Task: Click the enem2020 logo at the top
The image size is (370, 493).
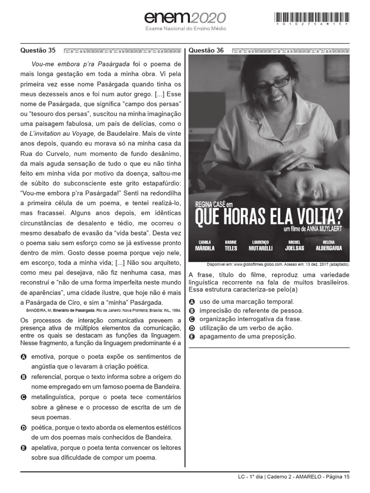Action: [185, 18]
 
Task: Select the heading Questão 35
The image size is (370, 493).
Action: [38, 51]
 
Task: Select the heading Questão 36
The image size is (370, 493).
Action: [206, 51]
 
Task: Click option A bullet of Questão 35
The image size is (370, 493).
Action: [24, 357]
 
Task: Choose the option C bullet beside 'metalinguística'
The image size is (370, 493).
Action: [24, 398]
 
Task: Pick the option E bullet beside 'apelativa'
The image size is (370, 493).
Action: [24, 448]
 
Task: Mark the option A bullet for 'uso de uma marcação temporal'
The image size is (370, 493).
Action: [192, 301]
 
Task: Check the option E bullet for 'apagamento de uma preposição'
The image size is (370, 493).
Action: [192, 337]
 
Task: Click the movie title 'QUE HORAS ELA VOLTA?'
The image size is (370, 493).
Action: [268, 217]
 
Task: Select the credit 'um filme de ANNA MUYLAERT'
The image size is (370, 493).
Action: [313, 230]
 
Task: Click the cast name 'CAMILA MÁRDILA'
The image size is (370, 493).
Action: [205, 246]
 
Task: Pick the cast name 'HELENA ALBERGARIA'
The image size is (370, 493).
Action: [329, 246]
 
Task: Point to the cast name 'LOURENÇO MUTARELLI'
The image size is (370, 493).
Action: [261, 246]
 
